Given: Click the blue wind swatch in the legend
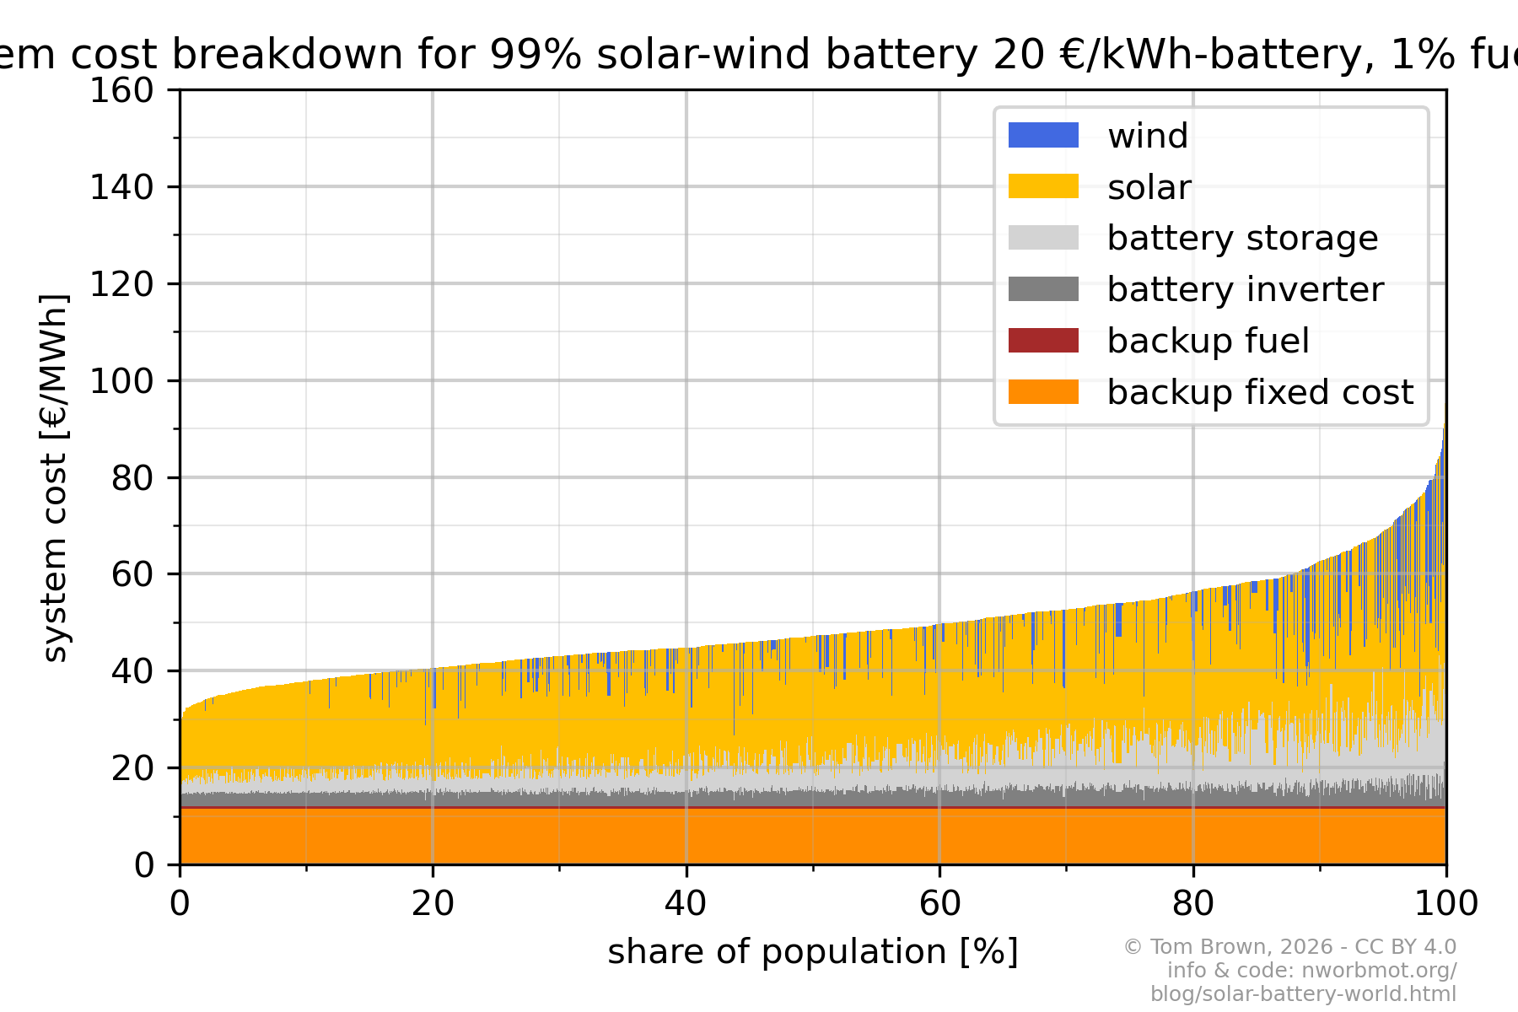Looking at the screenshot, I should pos(1043,135).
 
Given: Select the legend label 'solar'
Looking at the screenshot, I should pos(1149,187).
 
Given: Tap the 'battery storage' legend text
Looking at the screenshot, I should pos(1242,239).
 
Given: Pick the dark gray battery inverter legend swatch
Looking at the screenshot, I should pos(1043,289).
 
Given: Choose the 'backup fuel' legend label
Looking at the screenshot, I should pos(1208,341).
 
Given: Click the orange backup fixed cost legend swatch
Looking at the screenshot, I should pos(1043,392).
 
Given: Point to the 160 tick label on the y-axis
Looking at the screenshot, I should pos(121,90).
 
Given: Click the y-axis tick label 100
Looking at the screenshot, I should pos(121,381).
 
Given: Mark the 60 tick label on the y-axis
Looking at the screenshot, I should pos(132,574).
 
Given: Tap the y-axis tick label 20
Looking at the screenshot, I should pos(132,768).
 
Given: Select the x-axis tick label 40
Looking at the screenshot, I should pos(686,904).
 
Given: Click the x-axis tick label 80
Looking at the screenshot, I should pos(1192,904).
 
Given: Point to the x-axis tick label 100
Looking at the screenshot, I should pos(1445,904).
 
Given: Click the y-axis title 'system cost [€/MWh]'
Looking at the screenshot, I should pos(55,477).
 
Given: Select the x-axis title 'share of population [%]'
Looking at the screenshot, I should pos(813,952).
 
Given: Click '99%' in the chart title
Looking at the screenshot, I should pos(535,55).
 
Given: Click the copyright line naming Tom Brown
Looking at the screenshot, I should pos(1289,947).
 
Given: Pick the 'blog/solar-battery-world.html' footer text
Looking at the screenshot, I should pos(1303,993).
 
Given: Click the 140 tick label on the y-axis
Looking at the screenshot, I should pos(121,187).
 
